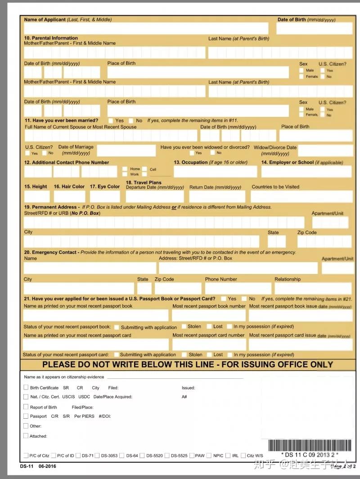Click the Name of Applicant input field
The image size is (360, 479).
tap(146, 28)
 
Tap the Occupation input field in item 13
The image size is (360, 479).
tap(215, 172)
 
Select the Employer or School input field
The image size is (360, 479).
tap(306, 172)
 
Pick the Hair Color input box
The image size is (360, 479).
tap(69, 197)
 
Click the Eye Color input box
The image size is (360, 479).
tap(105, 197)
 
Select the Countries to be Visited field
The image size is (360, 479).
tap(301, 197)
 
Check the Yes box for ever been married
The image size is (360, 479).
tap(111, 121)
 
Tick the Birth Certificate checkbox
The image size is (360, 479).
tap(26, 387)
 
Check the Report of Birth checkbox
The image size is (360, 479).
tap(26, 407)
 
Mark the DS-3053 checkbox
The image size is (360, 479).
tap(98, 456)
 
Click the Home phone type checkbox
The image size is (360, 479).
tap(125, 169)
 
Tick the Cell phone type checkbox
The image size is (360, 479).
tap(144, 169)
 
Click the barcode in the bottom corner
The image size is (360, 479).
tap(310, 445)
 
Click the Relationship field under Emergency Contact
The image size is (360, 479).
tap(313, 288)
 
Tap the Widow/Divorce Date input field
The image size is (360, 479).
tap(325, 151)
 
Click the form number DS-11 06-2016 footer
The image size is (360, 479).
tap(38, 466)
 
